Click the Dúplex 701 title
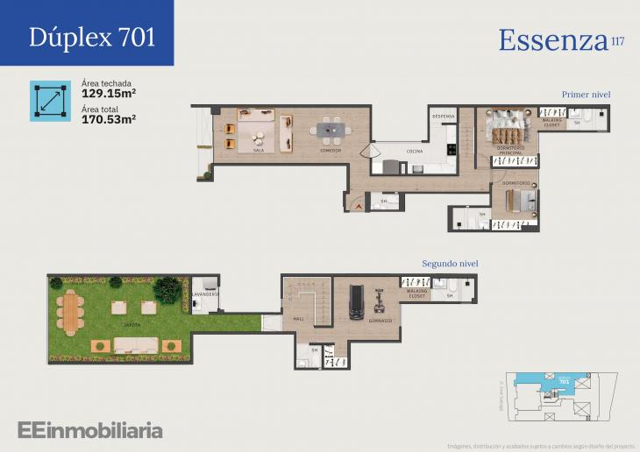[x=92, y=37]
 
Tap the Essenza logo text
[x=553, y=40]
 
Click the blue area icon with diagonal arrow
[x=50, y=101]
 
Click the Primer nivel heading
[x=586, y=94]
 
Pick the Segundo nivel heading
[x=450, y=263]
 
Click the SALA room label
[x=259, y=151]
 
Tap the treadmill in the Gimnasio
[x=356, y=302]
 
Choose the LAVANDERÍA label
[x=207, y=307]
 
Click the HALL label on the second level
[x=298, y=319]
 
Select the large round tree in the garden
[x=167, y=289]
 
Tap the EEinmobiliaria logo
[x=89, y=430]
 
